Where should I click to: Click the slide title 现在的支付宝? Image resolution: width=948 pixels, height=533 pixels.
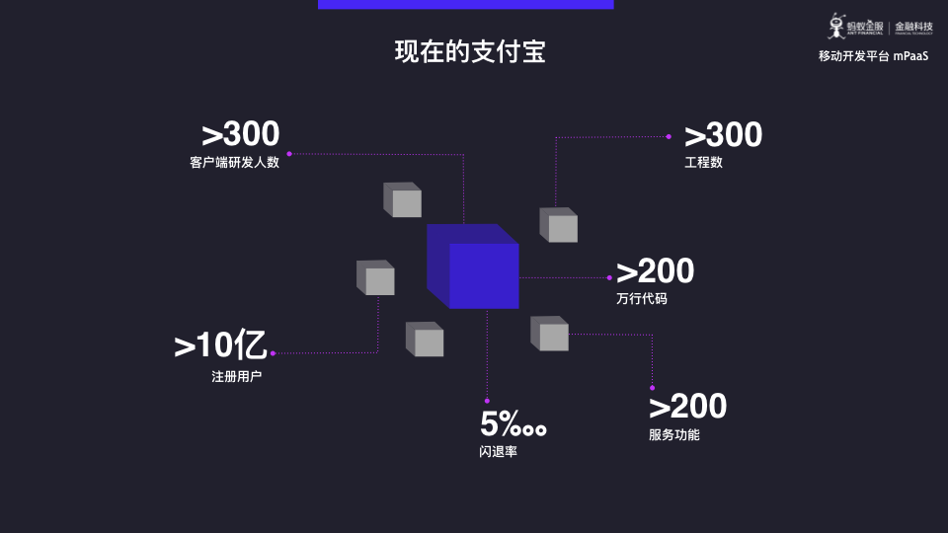470,51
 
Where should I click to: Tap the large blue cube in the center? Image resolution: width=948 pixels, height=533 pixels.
473,266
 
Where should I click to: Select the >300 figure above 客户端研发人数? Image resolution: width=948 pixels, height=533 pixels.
241,133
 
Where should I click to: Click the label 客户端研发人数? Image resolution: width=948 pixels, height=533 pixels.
235,162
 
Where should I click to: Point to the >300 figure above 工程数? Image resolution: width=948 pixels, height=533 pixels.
723,134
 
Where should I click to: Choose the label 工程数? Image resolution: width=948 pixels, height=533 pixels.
703,162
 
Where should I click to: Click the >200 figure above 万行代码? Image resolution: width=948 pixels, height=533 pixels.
656,270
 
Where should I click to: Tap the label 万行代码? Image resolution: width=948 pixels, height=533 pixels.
642,298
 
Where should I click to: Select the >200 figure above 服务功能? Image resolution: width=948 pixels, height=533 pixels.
688,406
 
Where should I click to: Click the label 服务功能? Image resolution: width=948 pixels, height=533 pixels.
674,434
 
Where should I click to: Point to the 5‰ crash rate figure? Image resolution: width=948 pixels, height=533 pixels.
513,423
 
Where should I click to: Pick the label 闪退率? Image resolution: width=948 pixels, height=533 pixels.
498,451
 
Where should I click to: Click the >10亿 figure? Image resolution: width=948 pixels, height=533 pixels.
220,344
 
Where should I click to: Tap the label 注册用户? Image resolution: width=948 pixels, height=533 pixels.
236,376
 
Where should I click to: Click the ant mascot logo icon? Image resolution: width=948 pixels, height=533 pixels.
836,26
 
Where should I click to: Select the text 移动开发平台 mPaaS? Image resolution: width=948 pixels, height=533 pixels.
873,56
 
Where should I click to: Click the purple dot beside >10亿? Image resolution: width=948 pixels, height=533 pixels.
274,353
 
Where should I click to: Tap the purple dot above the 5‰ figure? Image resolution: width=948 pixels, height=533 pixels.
487,401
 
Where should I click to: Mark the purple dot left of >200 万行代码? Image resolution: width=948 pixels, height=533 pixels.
609,278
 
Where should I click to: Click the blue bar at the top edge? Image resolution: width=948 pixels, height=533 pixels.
465,4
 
